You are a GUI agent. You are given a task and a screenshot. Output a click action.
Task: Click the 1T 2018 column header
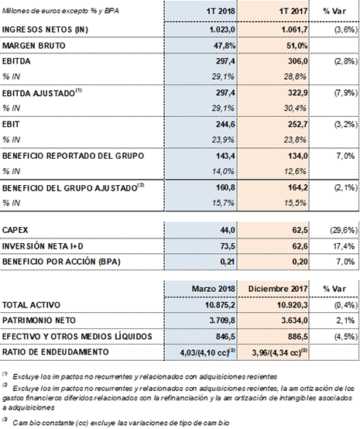click(221, 11)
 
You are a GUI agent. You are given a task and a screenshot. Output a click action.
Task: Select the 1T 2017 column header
click(293, 11)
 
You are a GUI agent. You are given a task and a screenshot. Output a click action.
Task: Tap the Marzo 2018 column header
click(213, 289)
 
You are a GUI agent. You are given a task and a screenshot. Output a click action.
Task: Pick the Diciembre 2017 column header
click(278, 289)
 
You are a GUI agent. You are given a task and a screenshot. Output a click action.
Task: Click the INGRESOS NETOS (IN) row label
click(45, 29)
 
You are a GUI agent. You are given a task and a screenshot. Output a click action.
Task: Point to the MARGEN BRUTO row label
click(34, 46)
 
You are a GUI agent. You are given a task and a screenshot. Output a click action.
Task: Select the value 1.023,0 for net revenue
click(222, 29)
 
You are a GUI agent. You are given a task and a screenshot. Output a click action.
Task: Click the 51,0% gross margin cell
click(297, 46)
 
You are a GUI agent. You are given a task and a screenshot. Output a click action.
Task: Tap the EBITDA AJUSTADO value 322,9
click(297, 93)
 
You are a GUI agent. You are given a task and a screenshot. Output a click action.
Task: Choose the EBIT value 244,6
click(225, 125)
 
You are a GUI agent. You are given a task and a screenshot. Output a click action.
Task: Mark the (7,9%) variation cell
click(346, 93)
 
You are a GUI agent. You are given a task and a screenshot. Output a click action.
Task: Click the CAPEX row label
click(15, 230)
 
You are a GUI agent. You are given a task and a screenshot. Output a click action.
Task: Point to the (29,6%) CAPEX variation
click(344, 230)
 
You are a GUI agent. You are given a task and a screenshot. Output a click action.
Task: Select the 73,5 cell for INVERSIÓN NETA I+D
click(228, 246)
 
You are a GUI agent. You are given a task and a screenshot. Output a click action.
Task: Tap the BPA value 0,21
click(228, 262)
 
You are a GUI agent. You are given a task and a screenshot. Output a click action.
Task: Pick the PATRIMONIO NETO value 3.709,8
click(222, 320)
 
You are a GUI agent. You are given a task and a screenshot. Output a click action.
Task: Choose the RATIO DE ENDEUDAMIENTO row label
click(56, 352)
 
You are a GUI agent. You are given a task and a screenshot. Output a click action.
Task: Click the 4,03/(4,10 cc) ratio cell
click(207, 352)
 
